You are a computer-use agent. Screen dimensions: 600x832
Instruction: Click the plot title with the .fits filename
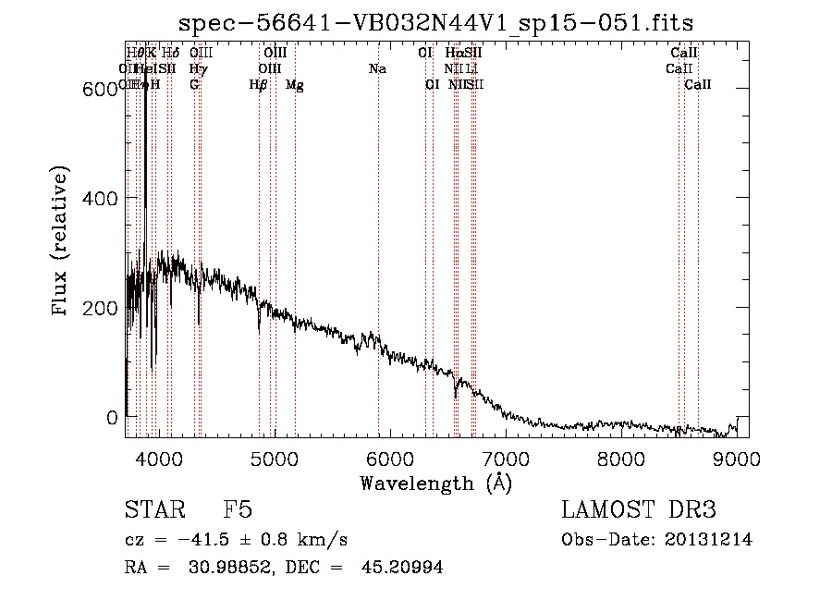coord(435,22)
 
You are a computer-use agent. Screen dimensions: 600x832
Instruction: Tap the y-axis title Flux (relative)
coord(61,242)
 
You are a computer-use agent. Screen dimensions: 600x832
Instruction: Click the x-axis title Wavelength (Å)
coord(435,483)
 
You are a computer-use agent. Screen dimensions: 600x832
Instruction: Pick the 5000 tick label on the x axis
coord(274,458)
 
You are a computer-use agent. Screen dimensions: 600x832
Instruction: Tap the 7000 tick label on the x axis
coord(506,458)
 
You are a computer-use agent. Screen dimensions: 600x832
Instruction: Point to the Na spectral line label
coord(377,69)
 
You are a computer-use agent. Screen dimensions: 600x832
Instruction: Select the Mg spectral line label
coord(294,85)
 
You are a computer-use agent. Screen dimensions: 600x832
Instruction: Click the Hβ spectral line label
coord(258,85)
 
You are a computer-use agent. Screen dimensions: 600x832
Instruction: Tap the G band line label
coord(194,85)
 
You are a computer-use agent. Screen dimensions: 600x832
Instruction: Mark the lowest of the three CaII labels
coord(698,85)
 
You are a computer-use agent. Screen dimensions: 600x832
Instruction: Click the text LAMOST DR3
coord(639,511)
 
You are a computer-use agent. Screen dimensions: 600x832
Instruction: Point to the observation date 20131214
coord(708,540)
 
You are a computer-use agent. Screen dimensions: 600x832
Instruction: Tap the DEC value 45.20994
coord(405,568)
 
